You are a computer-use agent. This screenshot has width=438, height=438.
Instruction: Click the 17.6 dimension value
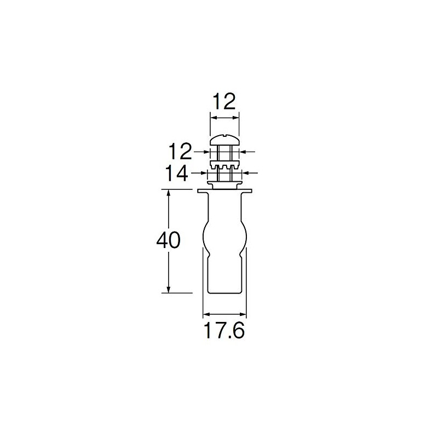(224, 331)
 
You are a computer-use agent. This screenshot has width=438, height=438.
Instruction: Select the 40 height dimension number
(169, 240)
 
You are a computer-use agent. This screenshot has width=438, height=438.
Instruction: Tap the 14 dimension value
(176, 173)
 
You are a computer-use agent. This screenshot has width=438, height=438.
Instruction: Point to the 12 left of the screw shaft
(180, 152)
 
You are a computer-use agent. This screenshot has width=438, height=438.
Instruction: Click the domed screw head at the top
(224, 140)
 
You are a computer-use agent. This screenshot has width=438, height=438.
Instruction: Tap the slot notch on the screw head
(225, 136)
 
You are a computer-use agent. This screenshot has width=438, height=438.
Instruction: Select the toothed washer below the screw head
(224, 165)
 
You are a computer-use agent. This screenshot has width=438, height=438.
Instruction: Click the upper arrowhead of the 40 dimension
(169, 193)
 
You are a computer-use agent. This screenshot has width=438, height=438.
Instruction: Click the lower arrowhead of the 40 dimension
(169, 290)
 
